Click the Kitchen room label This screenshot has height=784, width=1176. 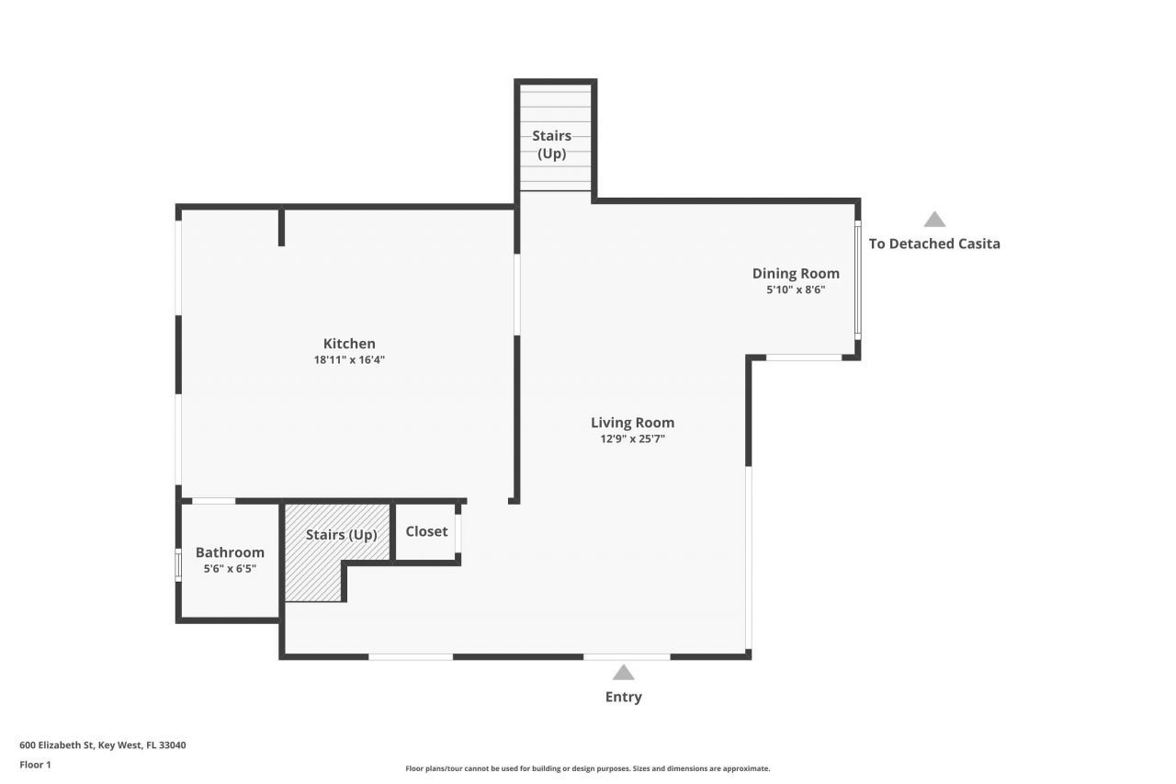coord(349,344)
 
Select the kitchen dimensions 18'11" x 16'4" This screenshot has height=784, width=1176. coord(349,360)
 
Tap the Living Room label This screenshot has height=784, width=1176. coord(632,423)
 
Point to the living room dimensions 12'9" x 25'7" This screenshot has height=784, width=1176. coord(632,439)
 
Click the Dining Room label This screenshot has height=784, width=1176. coord(796,273)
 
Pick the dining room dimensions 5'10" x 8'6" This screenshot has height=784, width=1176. coord(796,290)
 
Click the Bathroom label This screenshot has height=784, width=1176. coord(230,552)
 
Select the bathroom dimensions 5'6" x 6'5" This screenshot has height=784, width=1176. coord(230,569)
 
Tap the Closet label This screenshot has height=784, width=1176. coord(426,531)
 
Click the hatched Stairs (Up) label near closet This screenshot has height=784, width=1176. coord(341,535)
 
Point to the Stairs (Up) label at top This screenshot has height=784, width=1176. coord(551,144)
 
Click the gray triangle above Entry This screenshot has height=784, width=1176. coord(623,673)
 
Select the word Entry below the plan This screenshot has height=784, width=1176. coord(623,697)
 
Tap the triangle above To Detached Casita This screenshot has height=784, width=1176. coord(934,220)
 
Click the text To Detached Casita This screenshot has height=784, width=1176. coord(934,244)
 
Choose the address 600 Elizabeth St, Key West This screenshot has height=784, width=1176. coord(103,745)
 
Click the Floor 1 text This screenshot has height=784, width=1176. coord(36,765)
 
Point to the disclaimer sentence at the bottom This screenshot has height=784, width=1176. coord(588,768)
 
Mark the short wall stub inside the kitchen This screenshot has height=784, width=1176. coord(281,227)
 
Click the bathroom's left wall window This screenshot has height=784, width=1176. coord(178,564)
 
